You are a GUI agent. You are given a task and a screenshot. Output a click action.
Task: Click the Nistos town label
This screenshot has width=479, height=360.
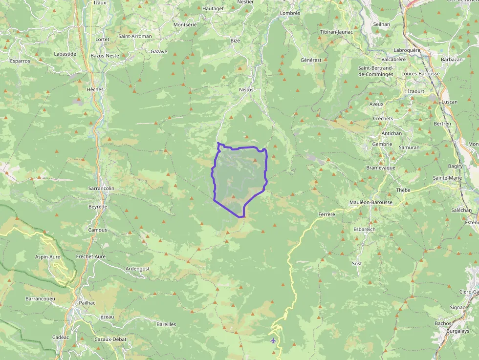(x=246, y=90)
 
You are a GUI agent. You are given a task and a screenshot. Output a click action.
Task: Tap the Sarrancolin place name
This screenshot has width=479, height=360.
(x=101, y=188)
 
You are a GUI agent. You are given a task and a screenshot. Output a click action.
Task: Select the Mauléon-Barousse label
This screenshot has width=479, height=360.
(x=371, y=202)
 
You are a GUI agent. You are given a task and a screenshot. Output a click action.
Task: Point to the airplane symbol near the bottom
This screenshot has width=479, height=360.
(x=273, y=340)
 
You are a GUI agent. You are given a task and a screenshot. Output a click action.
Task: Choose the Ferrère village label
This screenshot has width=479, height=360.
(x=327, y=214)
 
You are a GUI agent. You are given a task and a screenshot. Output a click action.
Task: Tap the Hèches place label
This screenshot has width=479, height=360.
(x=94, y=90)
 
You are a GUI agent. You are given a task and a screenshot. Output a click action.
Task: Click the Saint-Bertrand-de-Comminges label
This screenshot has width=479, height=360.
(x=376, y=71)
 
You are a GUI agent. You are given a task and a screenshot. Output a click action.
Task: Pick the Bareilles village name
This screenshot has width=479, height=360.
(x=166, y=324)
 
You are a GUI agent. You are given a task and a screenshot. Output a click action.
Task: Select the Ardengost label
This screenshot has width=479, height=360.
(x=138, y=269)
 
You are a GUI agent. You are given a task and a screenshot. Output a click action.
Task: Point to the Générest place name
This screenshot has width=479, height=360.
(x=311, y=60)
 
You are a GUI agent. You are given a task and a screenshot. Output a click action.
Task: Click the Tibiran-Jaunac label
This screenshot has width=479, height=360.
(x=336, y=32)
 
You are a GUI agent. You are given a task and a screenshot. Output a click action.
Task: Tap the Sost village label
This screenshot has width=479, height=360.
(x=357, y=263)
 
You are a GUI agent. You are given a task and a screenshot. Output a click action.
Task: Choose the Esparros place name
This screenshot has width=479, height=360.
(x=20, y=61)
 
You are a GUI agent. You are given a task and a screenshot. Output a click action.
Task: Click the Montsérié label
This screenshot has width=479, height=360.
(x=185, y=24)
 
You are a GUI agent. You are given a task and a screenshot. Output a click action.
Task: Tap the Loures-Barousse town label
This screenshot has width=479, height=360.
(x=420, y=74)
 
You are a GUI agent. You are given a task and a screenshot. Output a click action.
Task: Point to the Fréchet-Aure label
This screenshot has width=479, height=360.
(x=91, y=256)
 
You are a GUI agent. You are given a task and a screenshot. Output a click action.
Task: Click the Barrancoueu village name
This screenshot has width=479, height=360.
(x=41, y=298)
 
